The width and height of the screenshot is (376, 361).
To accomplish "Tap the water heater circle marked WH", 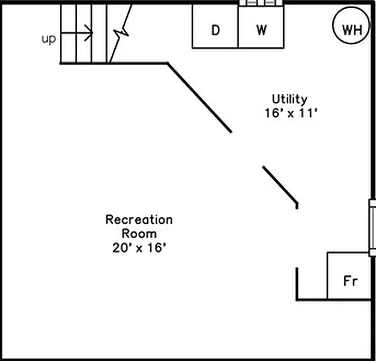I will tap(351, 29).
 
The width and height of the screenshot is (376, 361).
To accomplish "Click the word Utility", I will tap(290, 99).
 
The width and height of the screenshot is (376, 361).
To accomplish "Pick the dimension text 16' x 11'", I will tap(290, 113).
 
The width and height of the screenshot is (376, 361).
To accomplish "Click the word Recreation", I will tap(139, 220).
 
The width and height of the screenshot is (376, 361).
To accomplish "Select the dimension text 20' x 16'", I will tap(139, 247).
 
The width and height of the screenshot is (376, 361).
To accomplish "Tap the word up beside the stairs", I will tap(49, 39).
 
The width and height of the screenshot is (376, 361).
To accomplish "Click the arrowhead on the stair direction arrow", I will tap(90, 33).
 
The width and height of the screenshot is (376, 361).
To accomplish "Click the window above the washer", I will tap(261, 3).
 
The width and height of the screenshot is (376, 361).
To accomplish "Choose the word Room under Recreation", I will tap(139, 233).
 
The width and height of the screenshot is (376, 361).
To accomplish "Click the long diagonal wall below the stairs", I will tap(199, 97).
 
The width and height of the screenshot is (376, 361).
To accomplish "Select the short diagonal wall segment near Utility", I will tap(280, 185).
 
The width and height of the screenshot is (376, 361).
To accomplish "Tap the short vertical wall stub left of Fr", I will tap(297, 283).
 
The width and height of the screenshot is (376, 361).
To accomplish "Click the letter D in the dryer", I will tap(215, 30).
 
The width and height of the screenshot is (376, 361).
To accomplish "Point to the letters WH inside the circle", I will tap(351, 29).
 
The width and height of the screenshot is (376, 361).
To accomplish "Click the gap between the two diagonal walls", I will tap(247, 149).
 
